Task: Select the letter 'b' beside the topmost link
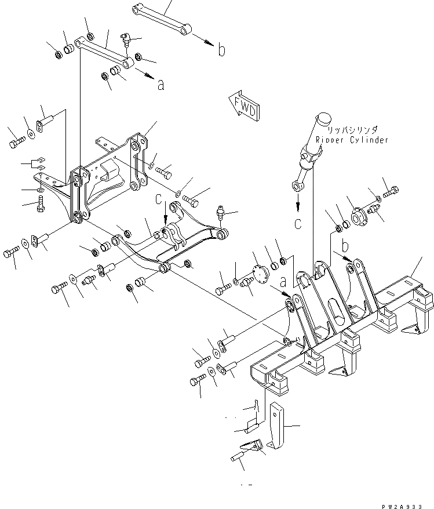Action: (x=221, y=50)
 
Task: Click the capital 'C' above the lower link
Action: (x=158, y=200)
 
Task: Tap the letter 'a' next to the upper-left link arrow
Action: (x=161, y=85)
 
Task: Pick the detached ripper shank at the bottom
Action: (x=277, y=429)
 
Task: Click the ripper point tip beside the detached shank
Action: (x=251, y=446)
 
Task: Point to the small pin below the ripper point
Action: (x=239, y=457)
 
